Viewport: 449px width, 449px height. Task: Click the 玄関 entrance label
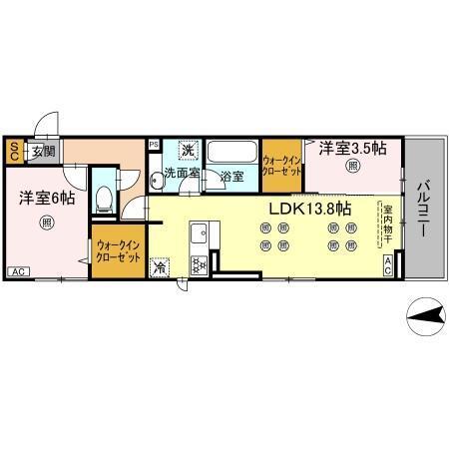(x=42, y=153)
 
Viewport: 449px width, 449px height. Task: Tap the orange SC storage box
(x=14, y=153)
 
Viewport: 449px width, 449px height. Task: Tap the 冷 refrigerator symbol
(x=160, y=267)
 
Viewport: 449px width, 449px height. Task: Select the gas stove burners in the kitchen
(x=197, y=264)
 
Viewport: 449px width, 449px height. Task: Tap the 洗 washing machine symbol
(x=187, y=151)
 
